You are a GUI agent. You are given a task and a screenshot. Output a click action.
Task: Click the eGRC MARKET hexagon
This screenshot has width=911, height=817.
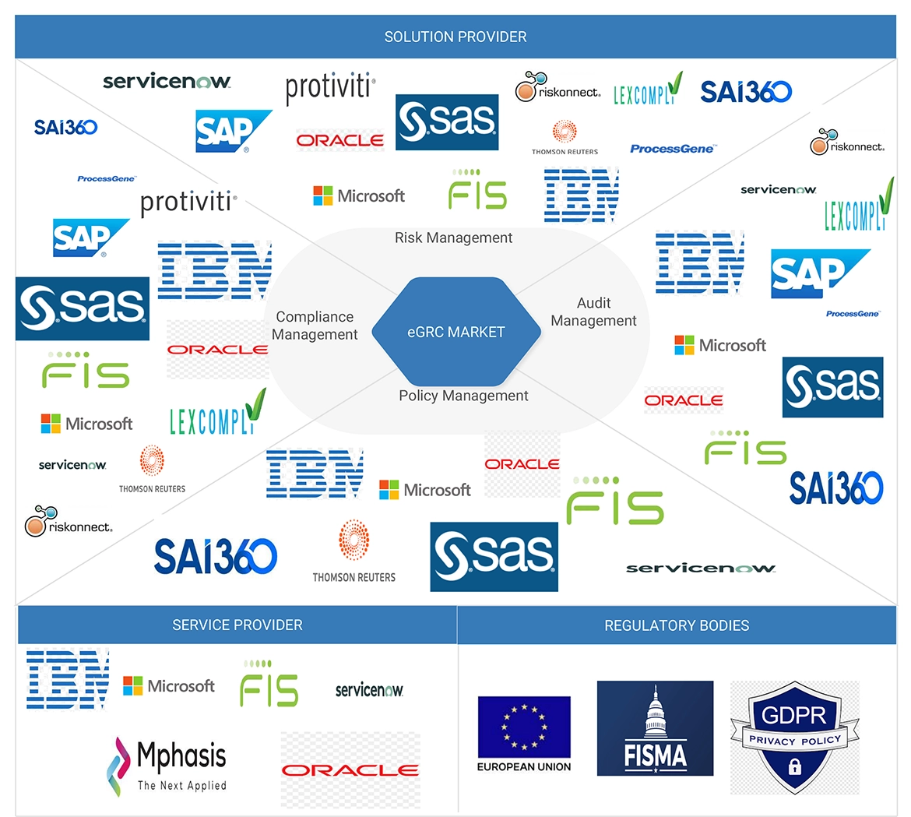(x=455, y=332)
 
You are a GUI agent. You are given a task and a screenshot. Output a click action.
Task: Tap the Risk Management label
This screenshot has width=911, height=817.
(x=453, y=238)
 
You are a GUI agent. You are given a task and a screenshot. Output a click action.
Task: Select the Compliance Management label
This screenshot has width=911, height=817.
(x=315, y=326)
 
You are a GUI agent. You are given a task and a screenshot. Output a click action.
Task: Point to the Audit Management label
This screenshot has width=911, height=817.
(x=593, y=312)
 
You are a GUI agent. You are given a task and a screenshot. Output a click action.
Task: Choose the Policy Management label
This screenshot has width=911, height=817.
(x=463, y=396)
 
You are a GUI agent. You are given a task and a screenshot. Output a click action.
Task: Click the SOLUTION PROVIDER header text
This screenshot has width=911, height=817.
(x=455, y=37)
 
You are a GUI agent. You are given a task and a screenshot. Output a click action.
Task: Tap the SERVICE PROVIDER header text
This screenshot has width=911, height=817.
(x=237, y=625)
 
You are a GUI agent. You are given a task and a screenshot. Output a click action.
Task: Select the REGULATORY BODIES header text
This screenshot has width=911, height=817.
(x=677, y=625)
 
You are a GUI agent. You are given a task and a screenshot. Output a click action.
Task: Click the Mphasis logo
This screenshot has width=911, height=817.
(x=167, y=766)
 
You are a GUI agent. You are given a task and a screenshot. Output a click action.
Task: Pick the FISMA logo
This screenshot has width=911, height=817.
(x=655, y=728)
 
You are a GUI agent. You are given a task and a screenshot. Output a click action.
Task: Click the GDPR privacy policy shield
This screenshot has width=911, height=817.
(x=794, y=737)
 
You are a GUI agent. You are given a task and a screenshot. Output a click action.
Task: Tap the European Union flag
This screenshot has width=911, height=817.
(x=523, y=727)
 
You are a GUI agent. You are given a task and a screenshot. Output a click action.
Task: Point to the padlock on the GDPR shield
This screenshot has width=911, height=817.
(x=794, y=766)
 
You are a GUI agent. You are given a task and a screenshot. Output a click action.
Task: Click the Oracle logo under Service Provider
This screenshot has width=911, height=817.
(x=350, y=769)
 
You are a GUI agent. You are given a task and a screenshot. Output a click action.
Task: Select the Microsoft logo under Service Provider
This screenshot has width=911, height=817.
(x=169, y=686)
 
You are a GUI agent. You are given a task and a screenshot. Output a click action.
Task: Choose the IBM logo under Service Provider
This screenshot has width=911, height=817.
(x=68, y=678)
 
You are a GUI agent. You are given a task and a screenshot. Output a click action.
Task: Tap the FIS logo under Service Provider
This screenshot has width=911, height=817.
(x=269, y=685)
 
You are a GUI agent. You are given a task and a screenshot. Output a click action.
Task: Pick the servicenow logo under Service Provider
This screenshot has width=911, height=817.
(x=369, y=690)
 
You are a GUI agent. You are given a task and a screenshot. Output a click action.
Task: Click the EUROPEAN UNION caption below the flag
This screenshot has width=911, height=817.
(x=523, y=767)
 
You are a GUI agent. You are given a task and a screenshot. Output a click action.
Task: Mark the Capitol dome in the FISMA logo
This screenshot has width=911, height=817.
(x=655, y=713)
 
